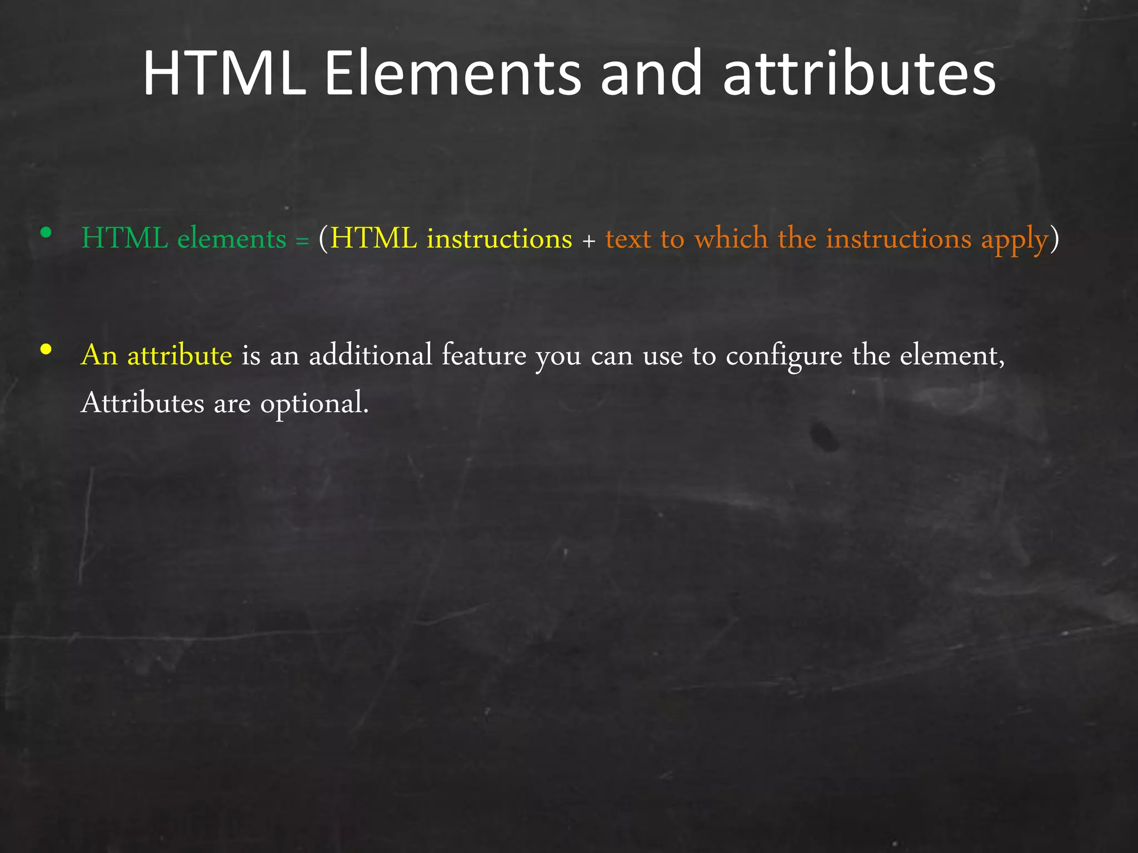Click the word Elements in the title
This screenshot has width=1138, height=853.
(x=452, y=74)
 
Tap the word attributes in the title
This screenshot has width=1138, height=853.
(x=859, y=74)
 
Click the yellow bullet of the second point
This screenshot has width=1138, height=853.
(x=46, y=349)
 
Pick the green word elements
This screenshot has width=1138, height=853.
(x=232, y=239)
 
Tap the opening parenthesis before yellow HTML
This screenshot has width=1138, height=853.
(x=323, y=239)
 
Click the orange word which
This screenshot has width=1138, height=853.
(x=731, y=239)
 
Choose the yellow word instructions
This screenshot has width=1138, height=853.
(x=499, y=239)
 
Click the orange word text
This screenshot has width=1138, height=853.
(x=628, y=239)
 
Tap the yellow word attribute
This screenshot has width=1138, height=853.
(x=179, y=355)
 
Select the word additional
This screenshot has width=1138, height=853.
(x=371, y=355)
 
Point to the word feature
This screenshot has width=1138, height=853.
(x=483, y=355)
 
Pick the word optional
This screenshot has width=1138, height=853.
(x=314, y=404)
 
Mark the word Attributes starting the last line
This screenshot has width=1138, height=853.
(x=142, y=403)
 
